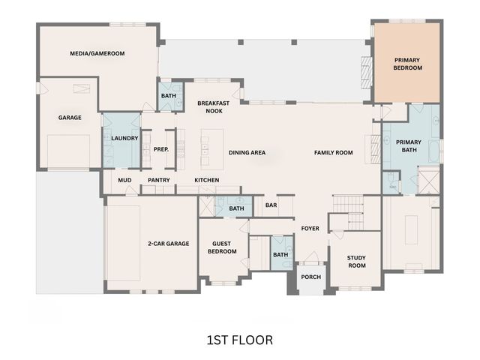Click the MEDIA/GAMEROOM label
point(97,53)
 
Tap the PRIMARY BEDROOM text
point(408,64)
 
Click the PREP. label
point(160,149)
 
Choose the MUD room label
point(124,180)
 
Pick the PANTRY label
point(158,180)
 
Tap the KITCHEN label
point(206,180)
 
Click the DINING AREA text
point(247,153)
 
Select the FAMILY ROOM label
point(333,153)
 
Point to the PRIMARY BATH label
point(409,145)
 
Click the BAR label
point(271,204)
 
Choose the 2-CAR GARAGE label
point(168,244)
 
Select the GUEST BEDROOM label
point(222,247)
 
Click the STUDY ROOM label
point(356,262)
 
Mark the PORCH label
point(310,277)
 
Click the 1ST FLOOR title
point(239,340)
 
